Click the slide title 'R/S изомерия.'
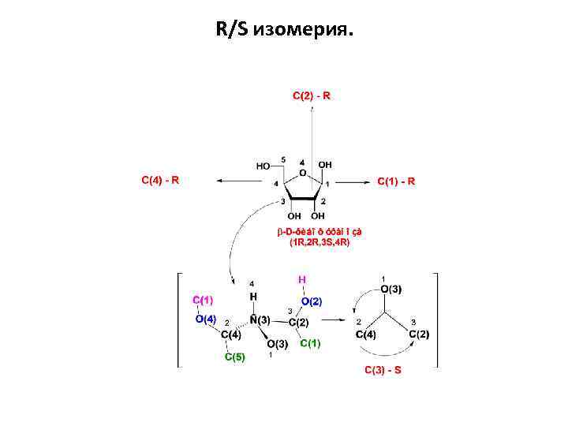[x=285, y=30]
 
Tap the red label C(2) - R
[x=312, y=95]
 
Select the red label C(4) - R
[x=160, y=180]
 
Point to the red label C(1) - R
[x=396, y=181]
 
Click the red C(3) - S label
[x=383, y=370]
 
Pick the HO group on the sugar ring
[x=263, y=166]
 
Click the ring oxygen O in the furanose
[x=303, y=173]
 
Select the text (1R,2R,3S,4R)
[x=319, y=242]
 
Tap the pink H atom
[x=301, y=279]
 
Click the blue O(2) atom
[x=311, y=301]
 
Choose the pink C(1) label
[x=203, y=299]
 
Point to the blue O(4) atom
[x=206, y=318]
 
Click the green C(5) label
[x=235, y=357]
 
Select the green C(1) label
[x=310, y=342]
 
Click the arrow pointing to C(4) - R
[x=237, y=181]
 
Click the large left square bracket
[x=179, y=319]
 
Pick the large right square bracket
[x=434, y=319]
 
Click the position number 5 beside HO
[x=283, y=159]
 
